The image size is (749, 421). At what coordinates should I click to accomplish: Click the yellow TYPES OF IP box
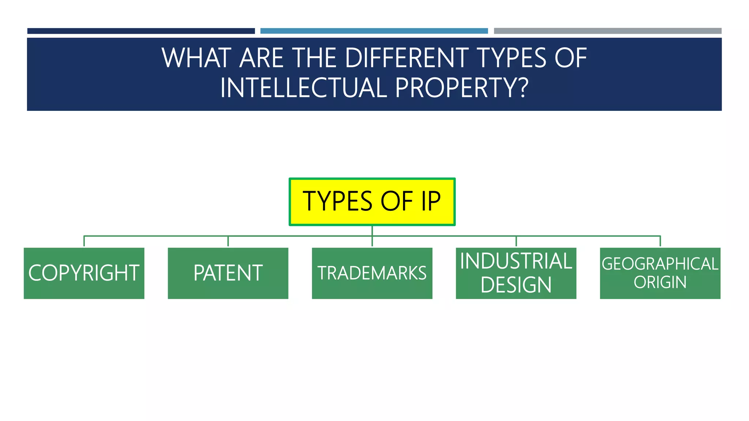(x=372, y=202)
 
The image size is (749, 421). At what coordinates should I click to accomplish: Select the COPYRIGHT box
(x=84, y=273)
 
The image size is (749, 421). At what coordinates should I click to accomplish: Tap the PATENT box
(x=228, y=273)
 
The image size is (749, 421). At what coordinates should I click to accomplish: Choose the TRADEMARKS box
(x=372, y=273)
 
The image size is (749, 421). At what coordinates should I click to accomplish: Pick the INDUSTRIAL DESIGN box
(x=516, y=273)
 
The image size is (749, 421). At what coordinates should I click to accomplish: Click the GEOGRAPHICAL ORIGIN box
(x=660, y=273)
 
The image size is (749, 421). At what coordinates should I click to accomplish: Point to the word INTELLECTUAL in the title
(x=304, y=88)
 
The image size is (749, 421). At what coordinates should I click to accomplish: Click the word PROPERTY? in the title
(x=462, y=88)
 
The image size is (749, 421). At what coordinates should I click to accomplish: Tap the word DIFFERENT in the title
(x=407, y=58)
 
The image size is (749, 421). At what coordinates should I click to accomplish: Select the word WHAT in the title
(x=196, y=58)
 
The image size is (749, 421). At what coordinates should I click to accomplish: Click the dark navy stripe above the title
(x=141, y=31)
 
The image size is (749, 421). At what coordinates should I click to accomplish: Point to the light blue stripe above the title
(x=374, y=31)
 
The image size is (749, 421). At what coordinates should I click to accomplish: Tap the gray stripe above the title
(x=607, y=31)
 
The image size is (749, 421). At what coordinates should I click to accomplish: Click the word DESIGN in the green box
(x=516, y=285)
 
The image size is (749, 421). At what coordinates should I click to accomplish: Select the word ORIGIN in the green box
(x=660, y=282)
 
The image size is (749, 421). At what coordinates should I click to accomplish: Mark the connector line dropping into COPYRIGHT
(x=84, y=242)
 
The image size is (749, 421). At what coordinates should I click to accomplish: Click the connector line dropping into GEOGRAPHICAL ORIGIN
(x=660, y=242)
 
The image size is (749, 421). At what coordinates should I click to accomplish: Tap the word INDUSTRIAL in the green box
(x=516, y=261)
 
